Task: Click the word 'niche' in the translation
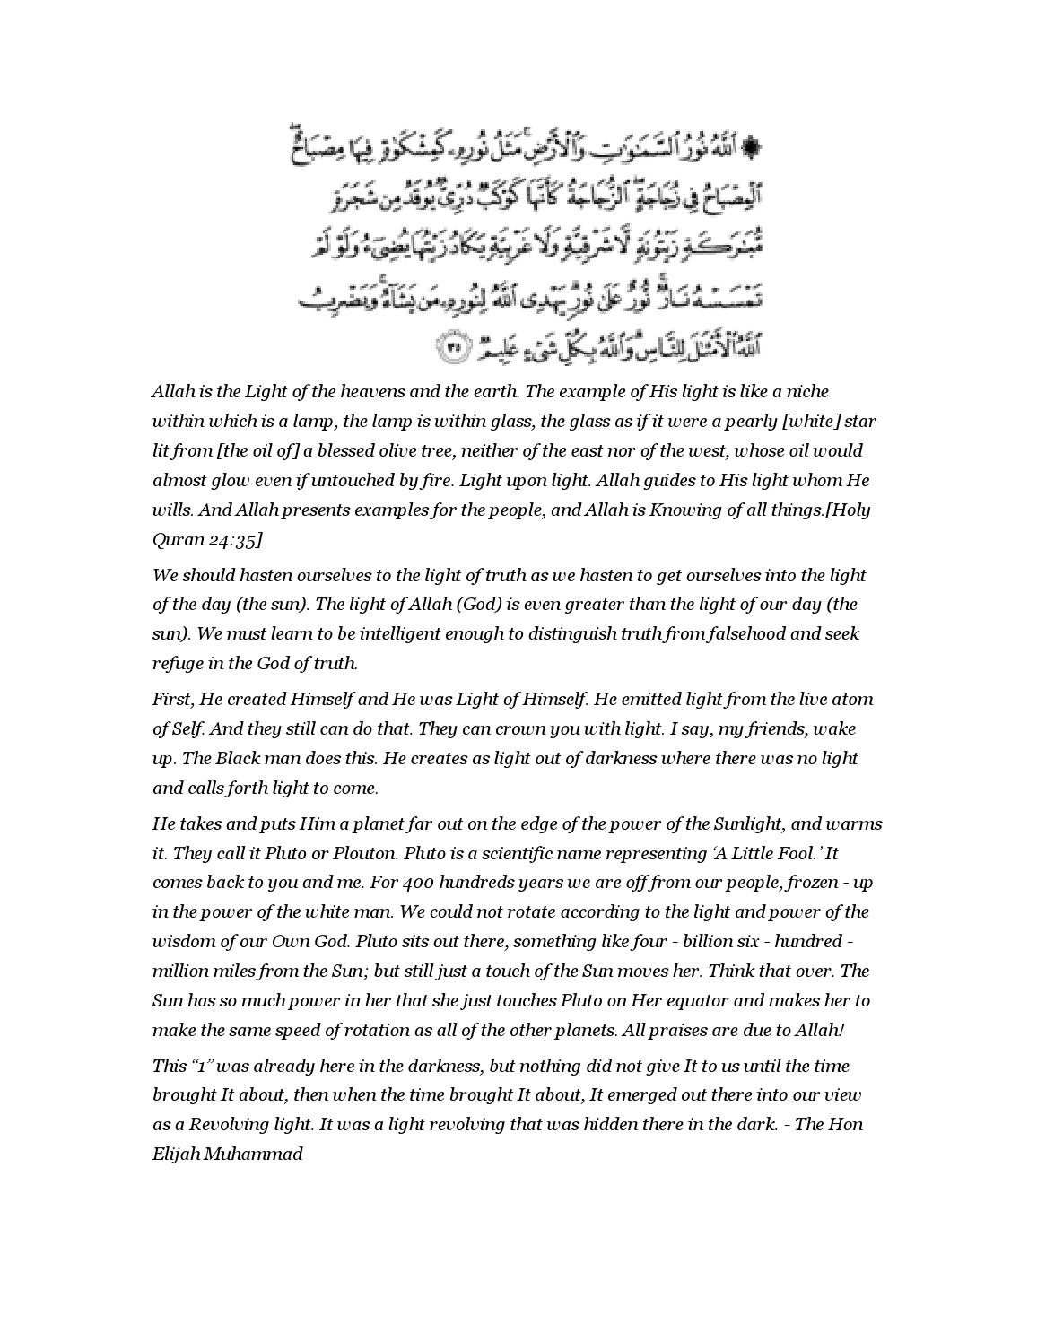pos(807,392)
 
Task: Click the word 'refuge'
pos(177,664)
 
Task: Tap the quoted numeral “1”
pos(201,1067)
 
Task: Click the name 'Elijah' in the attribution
pos(176,1155)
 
